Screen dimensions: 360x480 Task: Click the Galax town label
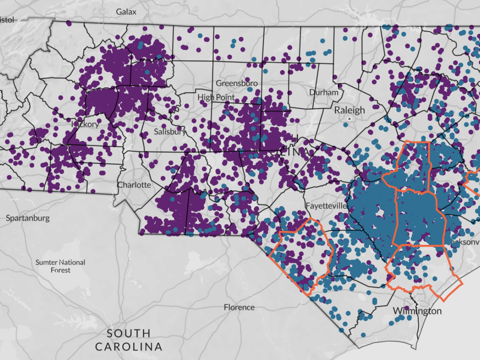[x=126, y=12]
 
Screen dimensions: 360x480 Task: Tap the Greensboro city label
[x=237, y=83]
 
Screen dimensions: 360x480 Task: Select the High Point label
[x=216, y=97]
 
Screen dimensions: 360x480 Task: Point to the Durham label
[x=324, y=92]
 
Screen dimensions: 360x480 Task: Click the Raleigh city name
[x=349, y=110]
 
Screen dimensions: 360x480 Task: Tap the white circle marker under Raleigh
[x=349, y=119]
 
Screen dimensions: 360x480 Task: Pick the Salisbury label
[x=169, y=132]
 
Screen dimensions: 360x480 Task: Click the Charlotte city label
[x=134, y=185]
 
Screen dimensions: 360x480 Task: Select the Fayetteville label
[x=326, y=206]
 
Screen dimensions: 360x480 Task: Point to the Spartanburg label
[x=28, y=218]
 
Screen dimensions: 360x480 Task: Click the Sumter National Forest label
[x=60, y=266]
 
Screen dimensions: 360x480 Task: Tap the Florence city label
[x=239, y=307]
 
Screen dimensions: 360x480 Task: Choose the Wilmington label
[x=417, y=311]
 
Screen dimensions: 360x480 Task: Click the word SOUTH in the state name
[x=129, y=333]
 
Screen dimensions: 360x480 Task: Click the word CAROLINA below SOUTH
[x=129, y=347]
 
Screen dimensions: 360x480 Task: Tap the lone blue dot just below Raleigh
[x=345, y=124]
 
